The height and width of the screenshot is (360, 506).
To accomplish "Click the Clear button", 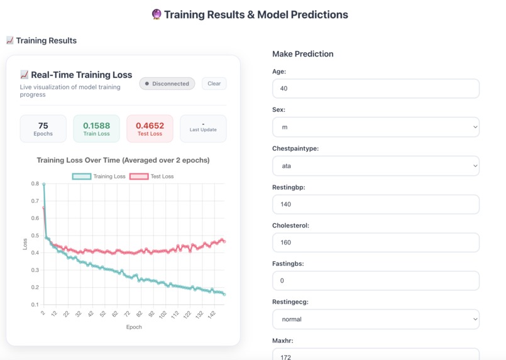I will [214, 84].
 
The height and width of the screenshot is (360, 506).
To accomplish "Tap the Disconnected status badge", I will [167, 84].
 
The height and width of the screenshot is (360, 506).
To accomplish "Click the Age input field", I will [375, 89].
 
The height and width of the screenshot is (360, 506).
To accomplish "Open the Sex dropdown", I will [375, 127].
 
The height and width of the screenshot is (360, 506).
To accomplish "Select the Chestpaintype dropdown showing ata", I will [375, 166].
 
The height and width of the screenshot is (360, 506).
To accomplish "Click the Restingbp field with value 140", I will [375, 204].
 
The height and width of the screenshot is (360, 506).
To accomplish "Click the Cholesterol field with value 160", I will [375, 243].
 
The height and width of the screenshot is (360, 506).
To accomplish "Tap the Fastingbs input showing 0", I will [375, 281].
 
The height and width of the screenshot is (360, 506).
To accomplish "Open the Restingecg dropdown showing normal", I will [375, 319].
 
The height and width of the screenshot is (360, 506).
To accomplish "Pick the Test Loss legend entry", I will [151, 177].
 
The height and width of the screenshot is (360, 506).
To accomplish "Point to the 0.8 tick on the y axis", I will [35, 184].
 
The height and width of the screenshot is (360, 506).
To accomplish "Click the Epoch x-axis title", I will [134, 327].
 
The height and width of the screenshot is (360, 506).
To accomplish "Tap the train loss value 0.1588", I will [96, 126].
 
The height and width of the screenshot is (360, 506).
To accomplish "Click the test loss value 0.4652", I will [150, 126].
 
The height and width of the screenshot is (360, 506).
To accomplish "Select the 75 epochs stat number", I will [43, 126].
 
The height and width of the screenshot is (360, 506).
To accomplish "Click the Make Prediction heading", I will [302, 54].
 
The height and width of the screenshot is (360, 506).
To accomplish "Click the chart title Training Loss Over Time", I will [123, 160].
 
